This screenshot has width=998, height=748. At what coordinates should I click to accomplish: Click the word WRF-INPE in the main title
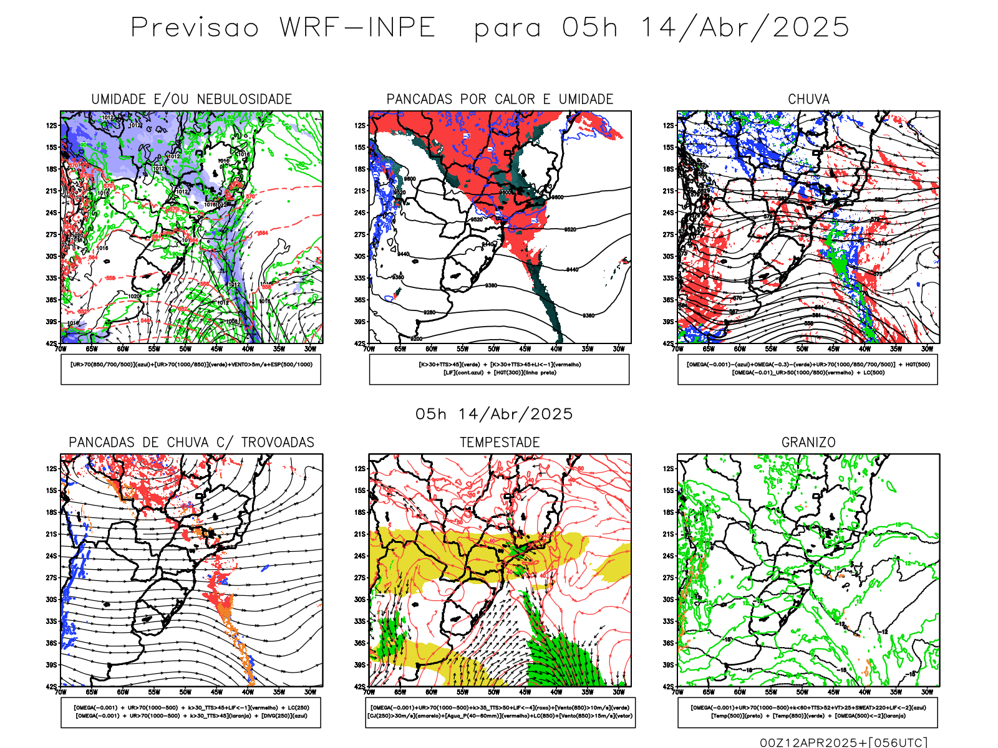coord(357,28)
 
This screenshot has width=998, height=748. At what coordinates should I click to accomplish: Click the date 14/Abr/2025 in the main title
coord(745,28)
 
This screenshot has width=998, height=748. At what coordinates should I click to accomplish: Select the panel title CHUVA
coord(808,99)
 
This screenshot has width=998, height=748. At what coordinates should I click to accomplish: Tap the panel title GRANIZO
coord(808,443)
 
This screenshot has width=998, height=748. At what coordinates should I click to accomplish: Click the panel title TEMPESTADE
coord(500,443)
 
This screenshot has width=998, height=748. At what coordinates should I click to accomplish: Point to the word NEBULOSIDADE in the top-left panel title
coord(245,99)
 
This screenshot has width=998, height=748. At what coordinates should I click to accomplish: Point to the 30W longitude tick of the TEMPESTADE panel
coord(619,692)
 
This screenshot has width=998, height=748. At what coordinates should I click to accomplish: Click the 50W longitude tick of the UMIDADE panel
coord(185,349)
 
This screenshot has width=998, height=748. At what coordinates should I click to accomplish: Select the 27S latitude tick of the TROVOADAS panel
coord(51,578)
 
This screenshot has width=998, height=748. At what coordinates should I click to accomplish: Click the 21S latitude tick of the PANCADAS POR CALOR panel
coord(360,191)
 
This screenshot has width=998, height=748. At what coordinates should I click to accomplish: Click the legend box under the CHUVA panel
coord(808,369)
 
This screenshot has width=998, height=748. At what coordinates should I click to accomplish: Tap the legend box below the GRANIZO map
coord(808,712)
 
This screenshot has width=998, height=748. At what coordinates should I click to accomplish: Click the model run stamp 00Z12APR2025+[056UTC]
coord(843,742)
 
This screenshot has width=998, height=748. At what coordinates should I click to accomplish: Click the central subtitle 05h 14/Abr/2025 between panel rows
coord(494,415)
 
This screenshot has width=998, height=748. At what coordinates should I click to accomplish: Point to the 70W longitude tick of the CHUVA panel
coord(678,349)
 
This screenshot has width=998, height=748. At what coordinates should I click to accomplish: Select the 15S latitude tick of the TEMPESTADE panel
coord(360,491)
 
